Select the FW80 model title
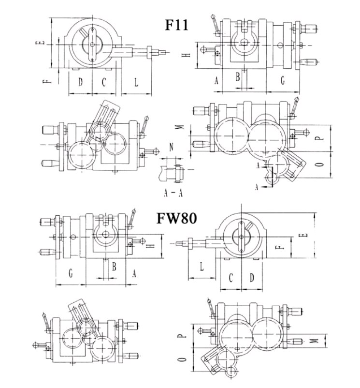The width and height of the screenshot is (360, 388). pyautogui.click(x=176, y=218)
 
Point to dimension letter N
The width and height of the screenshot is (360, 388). pyautogui.click(x=171, y=146)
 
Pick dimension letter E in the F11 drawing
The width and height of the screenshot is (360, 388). pyautogui.click(x=42, y=43)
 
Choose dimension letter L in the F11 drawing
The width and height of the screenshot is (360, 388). pyautogui.click(x=136, y=82)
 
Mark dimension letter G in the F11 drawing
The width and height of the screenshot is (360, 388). pyautogui.click(x=283, y=81)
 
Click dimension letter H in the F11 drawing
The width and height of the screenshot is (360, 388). pyautogui.click(x=189, y=55)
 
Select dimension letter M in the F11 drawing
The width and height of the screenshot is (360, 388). pyautogui.click(x=180, y=127)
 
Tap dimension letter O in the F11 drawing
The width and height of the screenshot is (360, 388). pyautogui.click(x=318, y=165)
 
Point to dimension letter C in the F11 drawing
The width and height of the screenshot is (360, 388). pyautogui.click(x=103, y=82)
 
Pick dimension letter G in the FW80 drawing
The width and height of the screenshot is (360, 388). pyautogui.click(x=71, y=274)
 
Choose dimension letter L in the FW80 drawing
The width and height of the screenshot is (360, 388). pyautogui.click(x=202, y=267)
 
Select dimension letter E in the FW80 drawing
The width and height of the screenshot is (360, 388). pyautogui.click(x=303, y=236)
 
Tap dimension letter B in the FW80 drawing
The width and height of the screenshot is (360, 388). pyautogui.click(x=114, y=266)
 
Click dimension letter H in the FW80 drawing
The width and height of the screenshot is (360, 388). pyautogui.click(x=151, y=246)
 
